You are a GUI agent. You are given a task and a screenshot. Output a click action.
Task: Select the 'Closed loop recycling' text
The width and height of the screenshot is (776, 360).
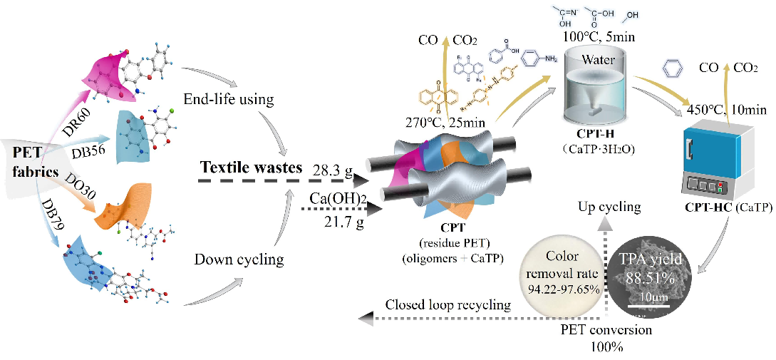tap(448, 305)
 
